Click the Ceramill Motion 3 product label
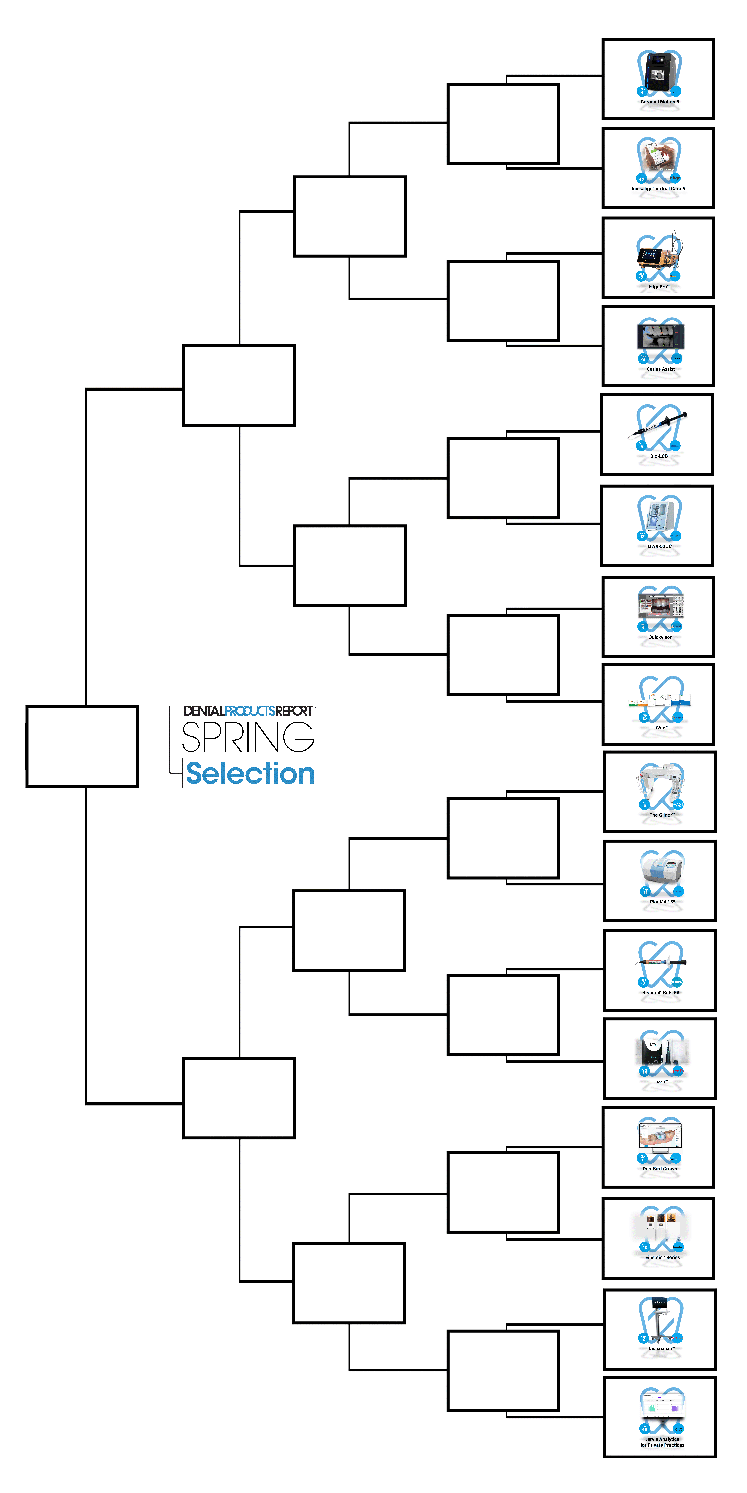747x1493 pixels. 659,102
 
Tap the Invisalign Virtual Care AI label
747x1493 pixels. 659,189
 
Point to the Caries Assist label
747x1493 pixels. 661,369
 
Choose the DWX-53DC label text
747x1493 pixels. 659,546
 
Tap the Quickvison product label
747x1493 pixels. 660,638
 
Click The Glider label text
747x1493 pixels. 661,815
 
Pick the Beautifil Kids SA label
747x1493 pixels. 661,993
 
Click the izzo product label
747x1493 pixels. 661,1082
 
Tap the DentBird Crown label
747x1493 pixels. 659,1169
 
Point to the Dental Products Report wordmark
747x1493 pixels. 249,711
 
